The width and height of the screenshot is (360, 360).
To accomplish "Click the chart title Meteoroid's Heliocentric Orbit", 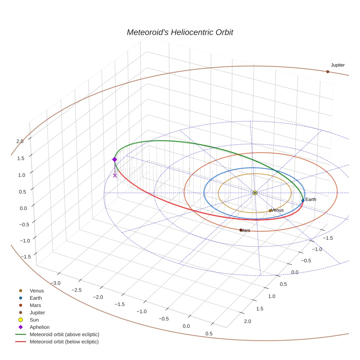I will click(180, 32).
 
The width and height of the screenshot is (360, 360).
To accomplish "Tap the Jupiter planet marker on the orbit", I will click(327, 72).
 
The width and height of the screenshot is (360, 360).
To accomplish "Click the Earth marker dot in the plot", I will click(303, 200).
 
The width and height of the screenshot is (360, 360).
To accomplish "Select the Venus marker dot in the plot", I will click(270, 211).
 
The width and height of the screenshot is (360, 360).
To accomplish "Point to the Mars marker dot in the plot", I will click(241, 230).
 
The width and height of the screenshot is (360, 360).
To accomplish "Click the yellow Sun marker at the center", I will click(255, 193).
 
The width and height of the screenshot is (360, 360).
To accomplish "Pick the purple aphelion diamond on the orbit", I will click(115, 160).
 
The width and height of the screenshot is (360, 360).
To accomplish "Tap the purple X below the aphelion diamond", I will click(115, 176).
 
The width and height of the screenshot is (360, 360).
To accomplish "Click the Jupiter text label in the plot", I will click(338, 65).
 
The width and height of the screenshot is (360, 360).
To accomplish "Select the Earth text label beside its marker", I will click(311, 199).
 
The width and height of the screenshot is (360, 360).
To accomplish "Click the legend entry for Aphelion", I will click(40, 327).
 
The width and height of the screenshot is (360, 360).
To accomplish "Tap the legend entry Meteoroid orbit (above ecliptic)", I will click(64, 334).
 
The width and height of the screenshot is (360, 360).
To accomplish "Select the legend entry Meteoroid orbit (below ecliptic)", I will click(64, 342).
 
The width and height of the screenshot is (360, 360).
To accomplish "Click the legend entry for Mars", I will click(35, 305).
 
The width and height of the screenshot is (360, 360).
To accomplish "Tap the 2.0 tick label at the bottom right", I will click(247, 322).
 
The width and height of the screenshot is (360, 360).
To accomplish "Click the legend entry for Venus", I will click(37, 290).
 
